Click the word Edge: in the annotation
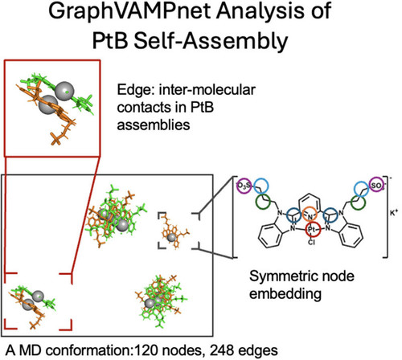point(135,90)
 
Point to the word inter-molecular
point(207,89)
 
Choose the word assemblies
point(154,125)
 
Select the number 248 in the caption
point(221,350)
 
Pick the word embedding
point(285,294)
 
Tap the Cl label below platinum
point(311,243)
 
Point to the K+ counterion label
point(394,214)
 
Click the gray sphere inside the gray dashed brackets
point(171,237)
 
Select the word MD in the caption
point(30,350)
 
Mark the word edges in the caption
point(256,351)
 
